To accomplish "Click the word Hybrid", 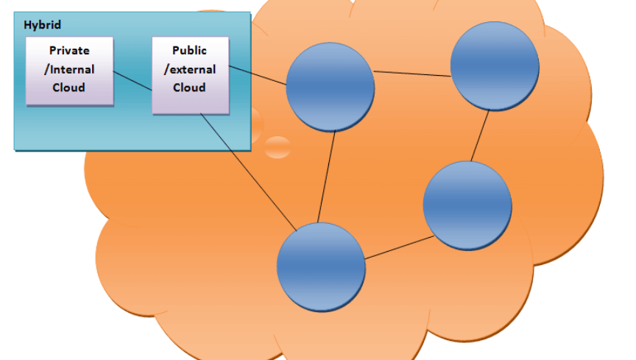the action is coord(42,25).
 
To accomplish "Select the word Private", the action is coord(69,50).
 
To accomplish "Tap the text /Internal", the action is coord(69,69).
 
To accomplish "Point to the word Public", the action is coord(189,50).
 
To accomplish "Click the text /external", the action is coord(190,69).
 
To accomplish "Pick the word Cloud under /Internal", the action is coord(68,88).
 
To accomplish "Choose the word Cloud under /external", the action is coord(189,88).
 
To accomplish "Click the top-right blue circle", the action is coord(495,66).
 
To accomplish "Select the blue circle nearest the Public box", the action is coord(331,87).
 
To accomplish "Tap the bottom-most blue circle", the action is coord(321,267).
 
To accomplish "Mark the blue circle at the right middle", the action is coord(467,205).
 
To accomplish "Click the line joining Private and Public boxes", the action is coord(132,81).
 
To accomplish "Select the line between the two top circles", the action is coord(412,74).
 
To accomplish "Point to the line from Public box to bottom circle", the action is coord(249,172).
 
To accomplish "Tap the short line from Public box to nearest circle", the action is coord(258,76).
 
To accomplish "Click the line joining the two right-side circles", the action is coord(480,135).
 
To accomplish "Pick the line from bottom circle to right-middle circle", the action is coord(399,247).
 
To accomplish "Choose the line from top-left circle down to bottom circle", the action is coord(327,177).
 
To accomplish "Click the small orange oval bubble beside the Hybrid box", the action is coord(278,147).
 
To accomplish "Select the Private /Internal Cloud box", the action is coord(69,71).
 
